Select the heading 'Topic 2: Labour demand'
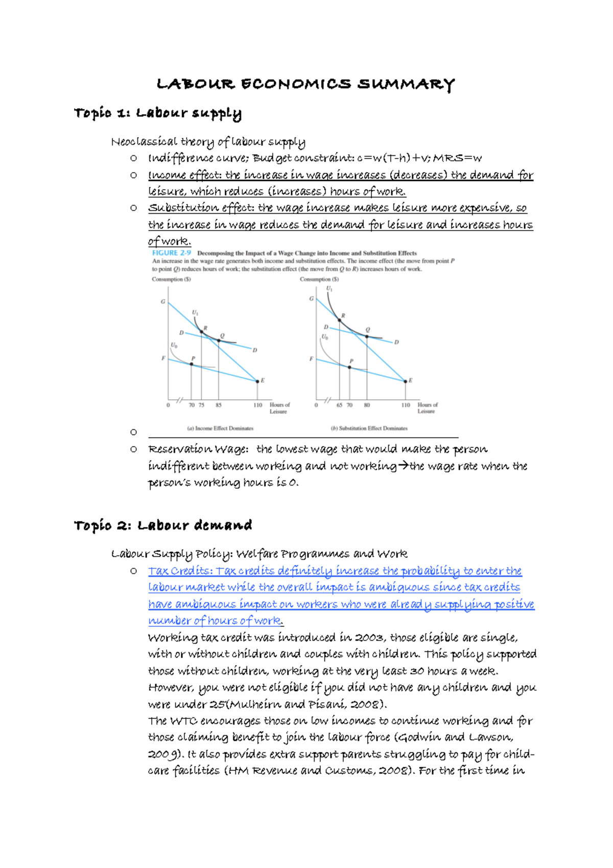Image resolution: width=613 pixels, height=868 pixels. click(x=163, y=526)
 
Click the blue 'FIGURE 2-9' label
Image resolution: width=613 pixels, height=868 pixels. click(x=172, y=253)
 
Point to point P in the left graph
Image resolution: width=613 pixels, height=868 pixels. click(x=192, y=364)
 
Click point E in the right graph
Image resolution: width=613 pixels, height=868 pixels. click(x=406, y=381)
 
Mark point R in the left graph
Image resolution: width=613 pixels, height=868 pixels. click(x=201, y=332)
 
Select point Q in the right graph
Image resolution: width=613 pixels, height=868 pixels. click(x=367, y=336)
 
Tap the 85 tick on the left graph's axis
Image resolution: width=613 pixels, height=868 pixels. click(x=219, y=405)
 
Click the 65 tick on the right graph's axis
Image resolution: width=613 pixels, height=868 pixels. click(x=339, y=405)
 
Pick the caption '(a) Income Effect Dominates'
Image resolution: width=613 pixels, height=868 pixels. click(x=220, y=428)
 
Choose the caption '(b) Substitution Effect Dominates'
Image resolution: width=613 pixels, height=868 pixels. click(x=369, y=428)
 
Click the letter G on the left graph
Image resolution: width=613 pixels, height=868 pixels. click(x=163, y=302)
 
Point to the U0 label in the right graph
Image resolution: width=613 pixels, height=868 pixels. click(x=325, y=337)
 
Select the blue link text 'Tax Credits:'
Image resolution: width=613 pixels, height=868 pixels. click(x=180, y=571)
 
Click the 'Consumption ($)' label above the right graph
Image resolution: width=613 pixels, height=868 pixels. click(x=319, y=280)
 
